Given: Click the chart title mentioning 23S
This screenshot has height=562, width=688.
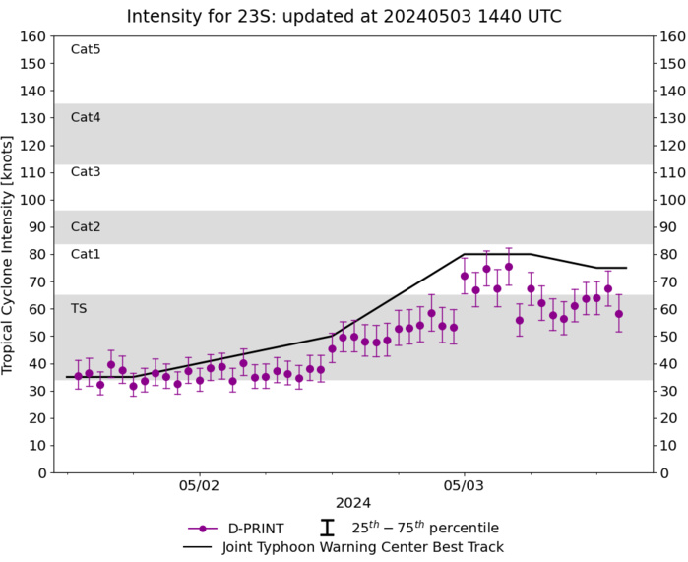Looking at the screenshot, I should coord(344,16).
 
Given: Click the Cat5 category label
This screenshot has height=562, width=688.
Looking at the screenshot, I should coord(86,50).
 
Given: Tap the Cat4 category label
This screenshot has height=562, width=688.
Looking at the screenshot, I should coord(86,117).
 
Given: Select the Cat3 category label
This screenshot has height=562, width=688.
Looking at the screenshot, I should coord(86,172).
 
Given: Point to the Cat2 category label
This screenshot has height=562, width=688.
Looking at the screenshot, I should coord(86,227).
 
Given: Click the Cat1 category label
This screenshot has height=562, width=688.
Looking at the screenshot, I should coord(86,254).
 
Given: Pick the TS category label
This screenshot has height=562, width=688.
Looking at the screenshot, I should coord(79,308).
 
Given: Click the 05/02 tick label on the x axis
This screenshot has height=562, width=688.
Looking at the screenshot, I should coord(199,486).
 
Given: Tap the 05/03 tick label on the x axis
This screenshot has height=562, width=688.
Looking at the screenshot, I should coord(465,486).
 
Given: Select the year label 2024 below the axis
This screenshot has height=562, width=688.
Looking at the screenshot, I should coord(353,504).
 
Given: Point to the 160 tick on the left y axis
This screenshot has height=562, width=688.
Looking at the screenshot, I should coord(33,36).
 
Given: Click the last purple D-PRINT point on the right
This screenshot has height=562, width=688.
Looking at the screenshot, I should coord(619,314).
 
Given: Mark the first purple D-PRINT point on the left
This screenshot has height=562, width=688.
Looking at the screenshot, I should coord(79,376).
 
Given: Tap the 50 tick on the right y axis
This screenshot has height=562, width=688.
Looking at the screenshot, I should coord(669,337).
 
